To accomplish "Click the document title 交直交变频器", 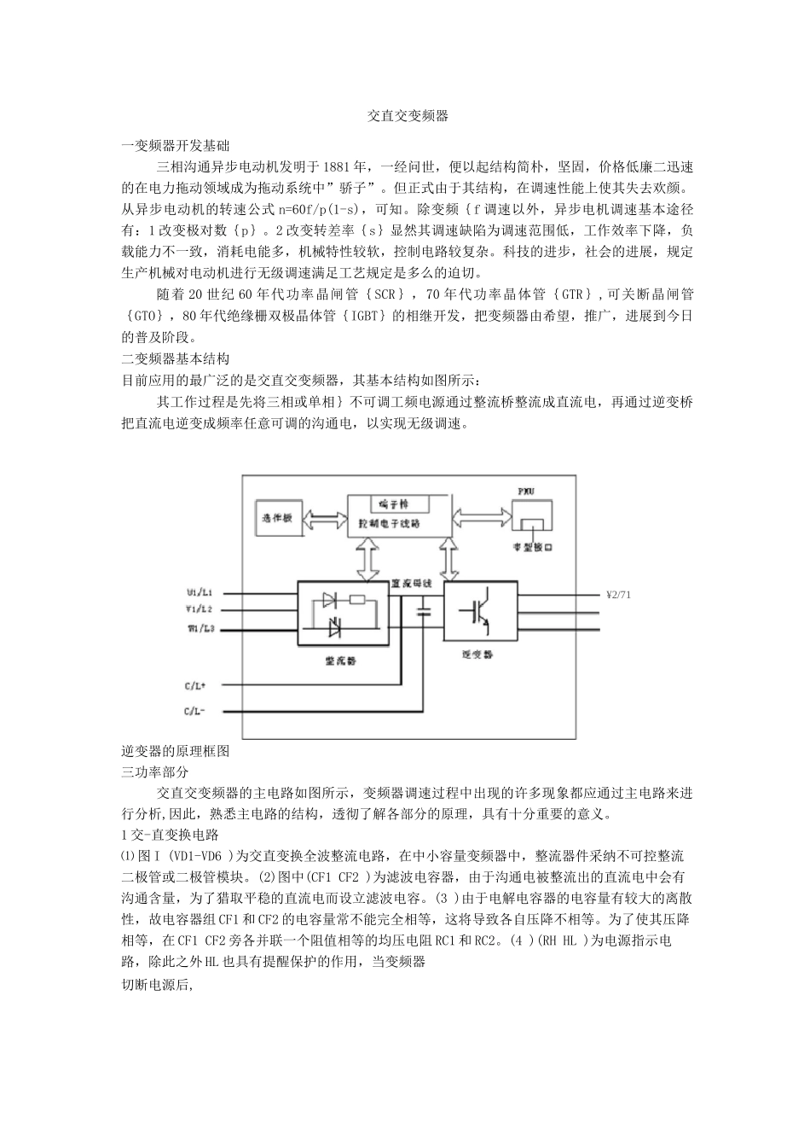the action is [x=408, y=115].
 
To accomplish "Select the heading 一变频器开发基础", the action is [x=176, y=145].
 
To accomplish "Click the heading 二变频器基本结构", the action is [x=176, y=358].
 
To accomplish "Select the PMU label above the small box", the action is [x=528, y=493].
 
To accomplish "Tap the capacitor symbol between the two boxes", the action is [x=424, y=611].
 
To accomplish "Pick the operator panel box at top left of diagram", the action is [x=278, y=518].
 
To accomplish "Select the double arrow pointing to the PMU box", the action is [x=481, y=516].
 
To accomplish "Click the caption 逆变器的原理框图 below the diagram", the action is [x=176, y=751].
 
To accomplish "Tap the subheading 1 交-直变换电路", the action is [x=171, y=835].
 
